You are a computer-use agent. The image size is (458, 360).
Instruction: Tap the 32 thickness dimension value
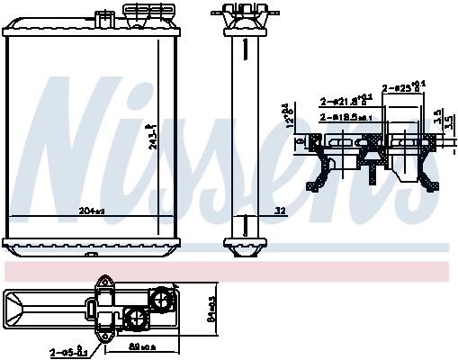[280, 211]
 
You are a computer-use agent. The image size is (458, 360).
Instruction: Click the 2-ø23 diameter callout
[403, 88]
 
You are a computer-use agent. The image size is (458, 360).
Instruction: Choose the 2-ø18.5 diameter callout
[345, 117]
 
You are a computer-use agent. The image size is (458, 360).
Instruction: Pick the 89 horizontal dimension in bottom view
[142, 345]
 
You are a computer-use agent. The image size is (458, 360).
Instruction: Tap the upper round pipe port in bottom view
[162, 296]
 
